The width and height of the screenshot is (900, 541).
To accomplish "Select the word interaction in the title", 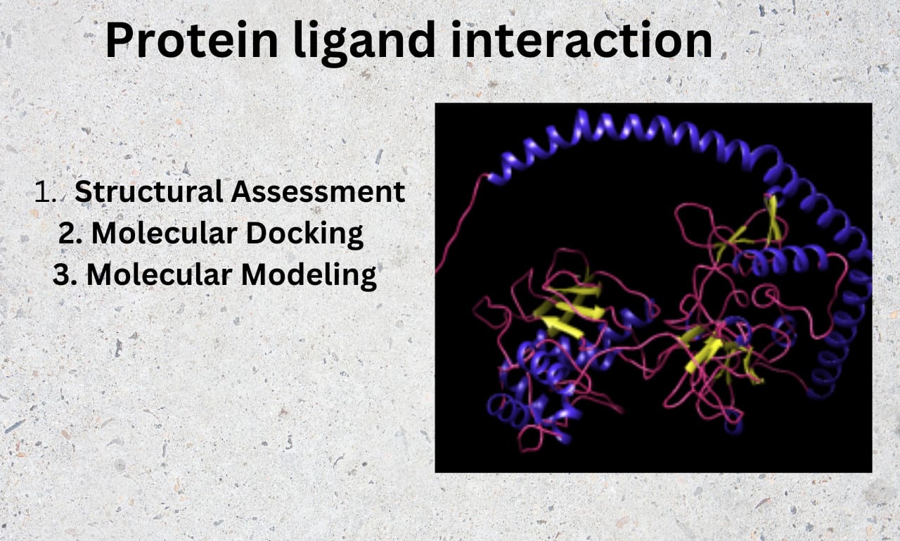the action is pyautogui.click(x=581, y=39).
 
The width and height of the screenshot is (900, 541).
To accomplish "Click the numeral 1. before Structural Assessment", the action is pyautogui.click(x=46, y=192).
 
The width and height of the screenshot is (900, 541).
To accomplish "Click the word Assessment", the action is pyautogui.click(x=318, y=192).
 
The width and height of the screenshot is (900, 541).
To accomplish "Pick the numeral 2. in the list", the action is pyautogui.click(x=70, y=234).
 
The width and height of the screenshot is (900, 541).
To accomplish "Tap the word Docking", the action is pyautogui.click(x=304, y=234).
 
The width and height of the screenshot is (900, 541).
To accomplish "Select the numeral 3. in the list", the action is pyautogui.click(x=65, y=275).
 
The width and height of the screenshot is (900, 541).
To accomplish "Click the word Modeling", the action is pyautogui.click(x=309, y=276).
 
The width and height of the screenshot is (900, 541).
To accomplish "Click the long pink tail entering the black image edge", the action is pyautogui.click(x=459, y=225).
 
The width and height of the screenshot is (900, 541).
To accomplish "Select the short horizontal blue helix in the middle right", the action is pyautogui.click(x=780, y=260).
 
